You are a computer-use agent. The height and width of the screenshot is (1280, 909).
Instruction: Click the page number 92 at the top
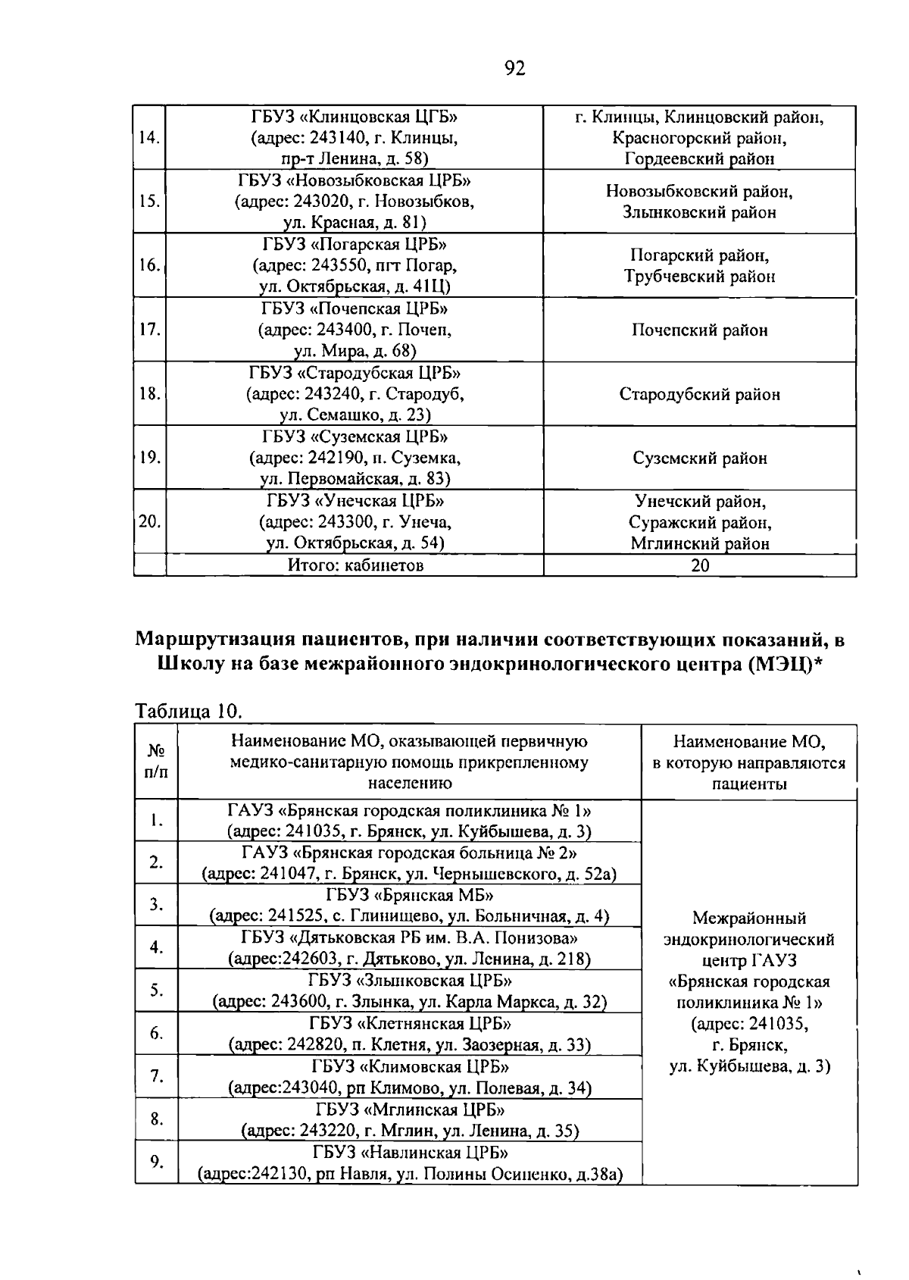pos(514,69)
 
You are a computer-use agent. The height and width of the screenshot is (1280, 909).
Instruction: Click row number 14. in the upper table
pos(149,138)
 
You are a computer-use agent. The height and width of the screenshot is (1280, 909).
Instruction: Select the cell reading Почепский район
pos(699,330)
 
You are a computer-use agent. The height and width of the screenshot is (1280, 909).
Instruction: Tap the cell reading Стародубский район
pos(699,394)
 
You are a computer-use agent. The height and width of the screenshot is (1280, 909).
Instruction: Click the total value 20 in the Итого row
pos(700,565)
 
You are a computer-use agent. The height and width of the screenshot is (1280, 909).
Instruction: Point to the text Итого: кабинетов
pos(355,565)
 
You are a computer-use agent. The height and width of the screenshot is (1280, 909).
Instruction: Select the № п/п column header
pos(156,761)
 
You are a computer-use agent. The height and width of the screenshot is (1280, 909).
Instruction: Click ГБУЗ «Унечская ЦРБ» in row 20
pos(355,501)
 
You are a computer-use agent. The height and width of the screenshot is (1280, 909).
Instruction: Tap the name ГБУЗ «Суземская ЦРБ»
pos(355,437)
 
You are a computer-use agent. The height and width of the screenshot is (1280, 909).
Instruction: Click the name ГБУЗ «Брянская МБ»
pos(409,894)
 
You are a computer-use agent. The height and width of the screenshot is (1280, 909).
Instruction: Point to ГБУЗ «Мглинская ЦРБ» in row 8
pos(409,1110)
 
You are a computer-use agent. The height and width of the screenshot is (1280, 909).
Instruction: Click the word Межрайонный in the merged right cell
pos(748,919)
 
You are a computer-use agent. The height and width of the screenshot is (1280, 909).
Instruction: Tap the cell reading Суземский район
pos(699,458)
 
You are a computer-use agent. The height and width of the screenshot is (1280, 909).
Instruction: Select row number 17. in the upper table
pos(149,330)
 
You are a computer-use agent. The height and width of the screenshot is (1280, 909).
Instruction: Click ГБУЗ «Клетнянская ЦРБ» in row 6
pos(409,1024)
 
